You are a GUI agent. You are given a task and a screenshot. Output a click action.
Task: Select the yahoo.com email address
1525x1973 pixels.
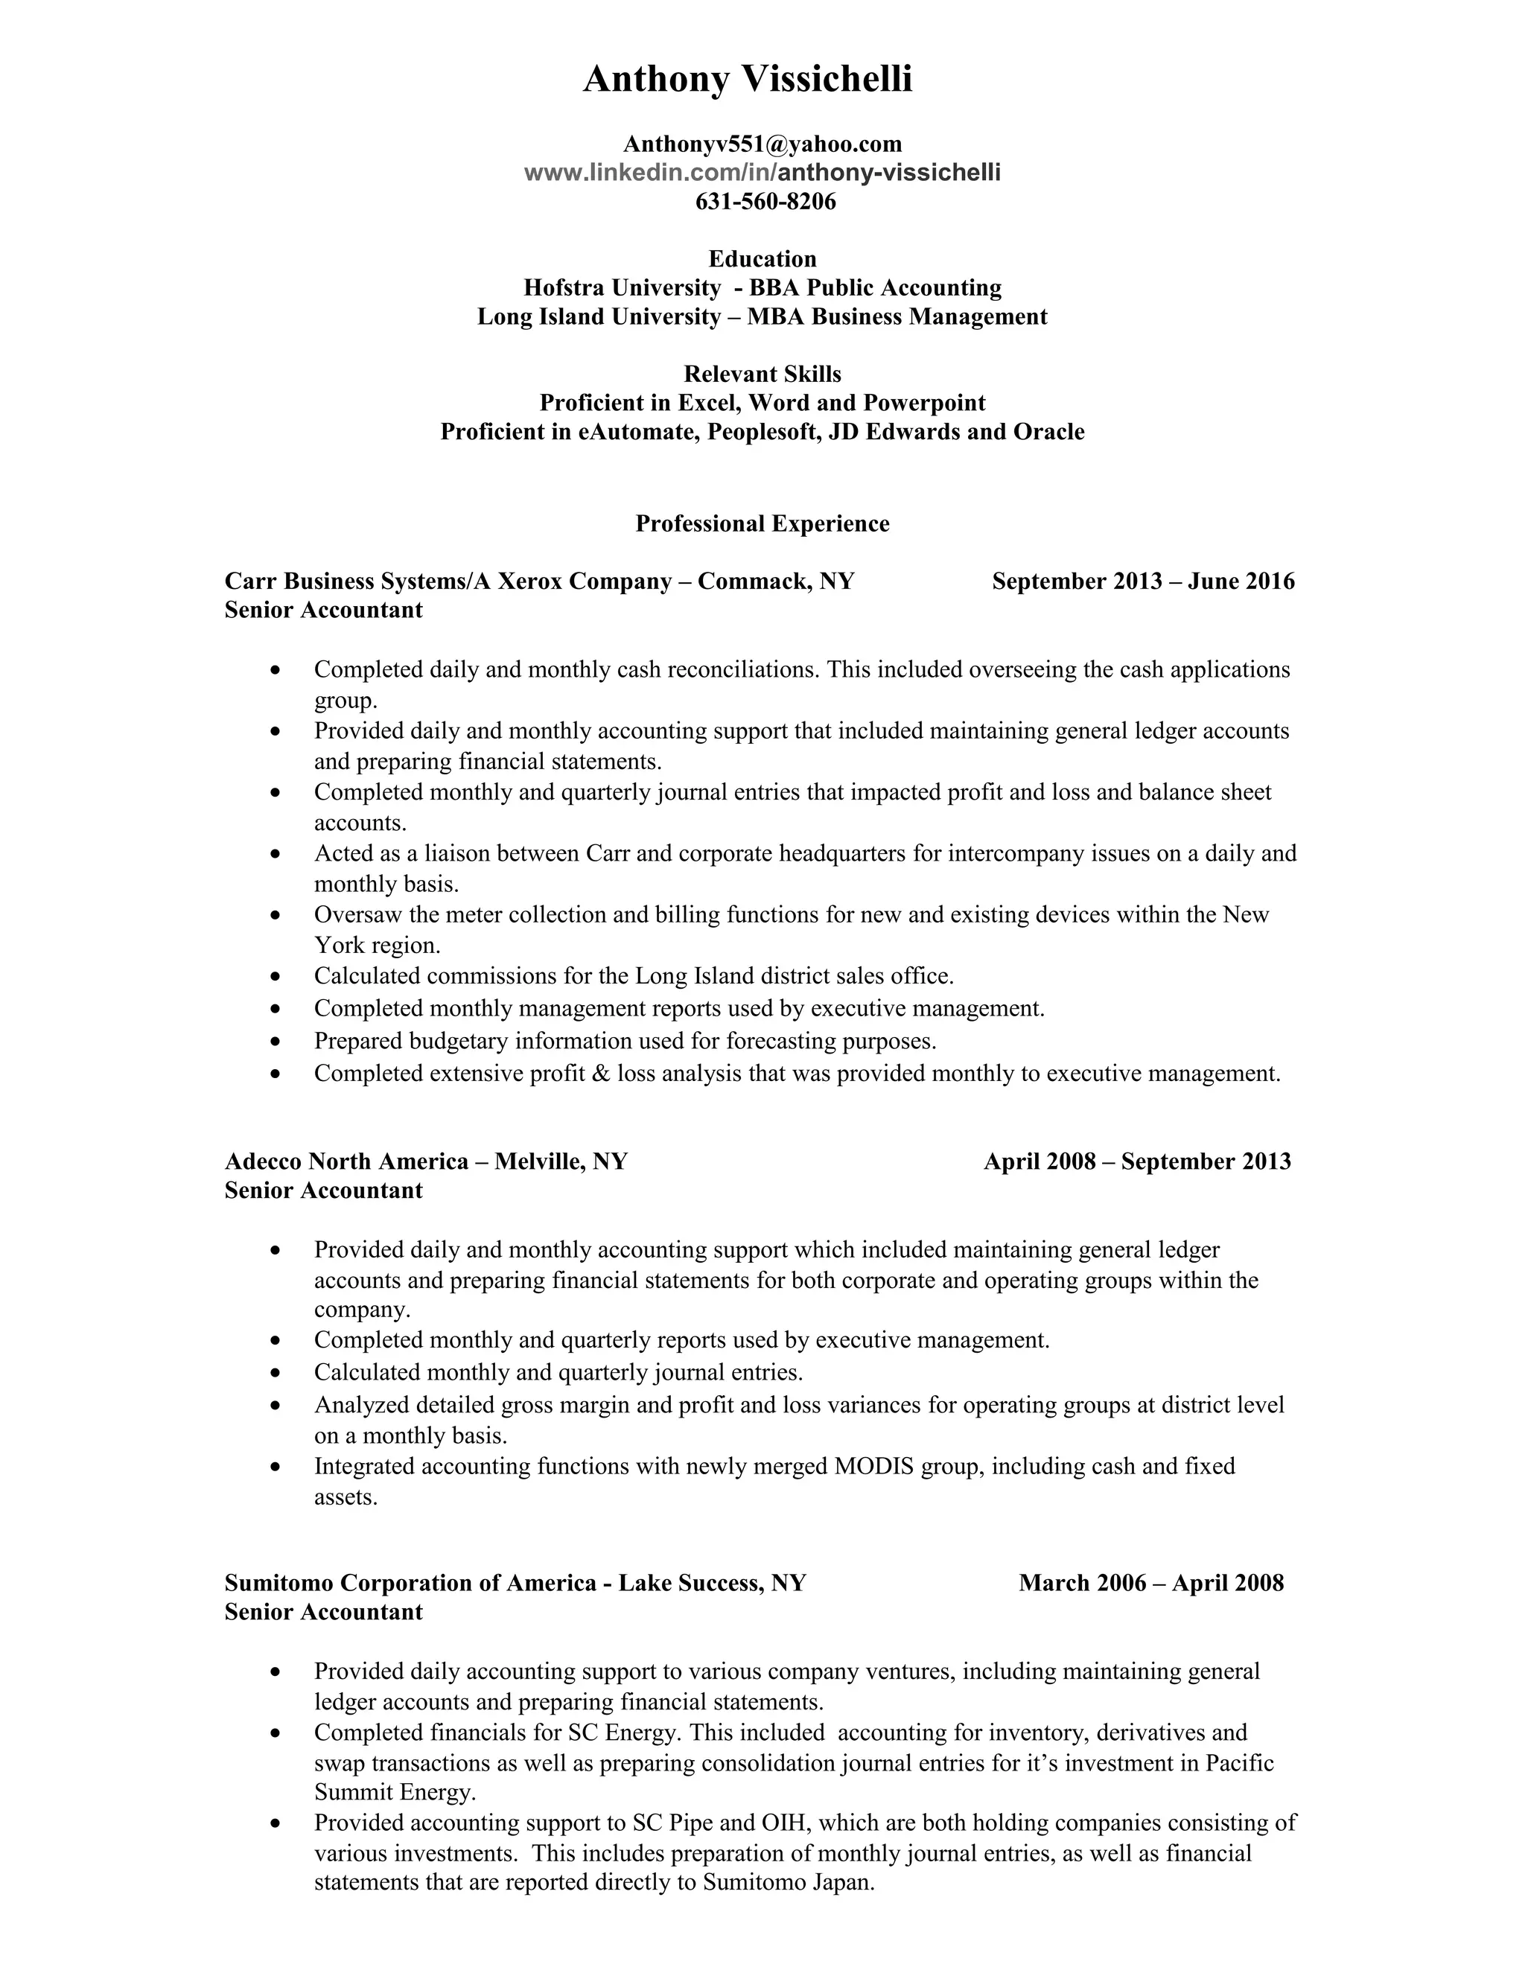(762, 144)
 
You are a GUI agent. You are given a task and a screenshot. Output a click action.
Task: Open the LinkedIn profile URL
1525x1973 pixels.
(762, 173)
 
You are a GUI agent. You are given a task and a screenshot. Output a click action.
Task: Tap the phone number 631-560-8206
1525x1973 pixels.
(765, 202)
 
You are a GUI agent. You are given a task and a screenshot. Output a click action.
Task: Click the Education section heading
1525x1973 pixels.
(762, 259)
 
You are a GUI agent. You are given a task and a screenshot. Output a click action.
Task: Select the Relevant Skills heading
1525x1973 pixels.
(762, 374)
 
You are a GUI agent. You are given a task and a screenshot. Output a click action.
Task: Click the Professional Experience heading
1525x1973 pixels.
(762, 524)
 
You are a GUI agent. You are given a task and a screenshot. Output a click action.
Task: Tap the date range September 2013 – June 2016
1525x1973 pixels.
(1143, 581)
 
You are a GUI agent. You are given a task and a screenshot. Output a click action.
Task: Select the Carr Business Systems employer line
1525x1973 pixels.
(539, 581)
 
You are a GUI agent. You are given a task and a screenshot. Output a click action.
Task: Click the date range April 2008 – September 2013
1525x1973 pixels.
(1138, 1161)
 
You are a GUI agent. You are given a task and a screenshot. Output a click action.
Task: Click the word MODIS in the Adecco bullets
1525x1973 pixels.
(873, 1465)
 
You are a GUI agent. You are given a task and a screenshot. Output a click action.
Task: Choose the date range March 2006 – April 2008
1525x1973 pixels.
(1151, 1583)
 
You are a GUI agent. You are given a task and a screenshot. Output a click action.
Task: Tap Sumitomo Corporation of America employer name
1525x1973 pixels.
(411, 1583)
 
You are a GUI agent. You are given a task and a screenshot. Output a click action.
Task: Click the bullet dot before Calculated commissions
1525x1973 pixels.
(276, 978)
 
